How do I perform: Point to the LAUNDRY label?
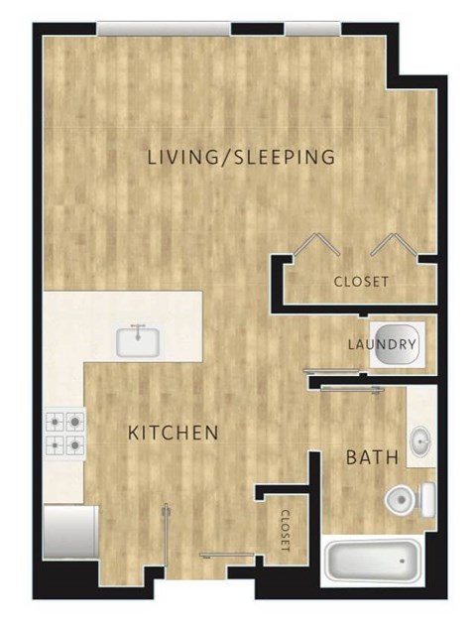pyautogui.click(x=382, y=344)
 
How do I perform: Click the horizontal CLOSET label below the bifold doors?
pyautogui.click(x=361, y=281)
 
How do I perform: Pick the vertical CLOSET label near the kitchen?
pyautogui.click(x=285, y=531)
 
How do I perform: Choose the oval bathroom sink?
pyautogui.click(x=420, y=439)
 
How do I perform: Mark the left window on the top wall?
pyautogui.click(x=165, y=29)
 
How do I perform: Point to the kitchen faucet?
pyautogui.click(x=140, y=328)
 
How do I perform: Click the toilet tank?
pyautogui.click(x=426, y=497)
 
